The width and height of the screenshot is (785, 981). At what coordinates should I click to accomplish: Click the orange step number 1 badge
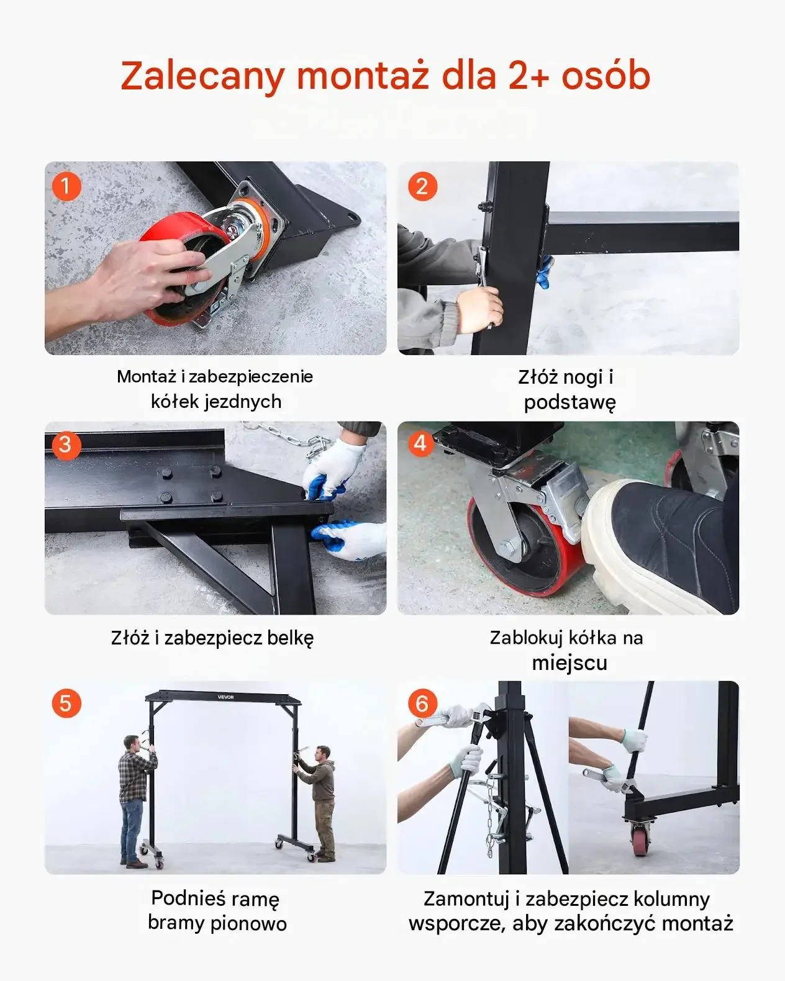coord(66,186)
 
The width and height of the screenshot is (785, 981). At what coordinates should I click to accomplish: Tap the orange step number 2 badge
coord(422,186)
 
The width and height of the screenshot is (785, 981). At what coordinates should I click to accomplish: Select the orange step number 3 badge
coord(66,445)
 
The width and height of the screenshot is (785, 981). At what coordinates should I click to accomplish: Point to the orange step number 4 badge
coord(421,443)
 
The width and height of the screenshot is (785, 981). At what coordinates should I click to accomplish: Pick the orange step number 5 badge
coord(66,703)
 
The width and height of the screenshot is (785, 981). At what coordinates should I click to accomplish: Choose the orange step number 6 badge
coord(422,703)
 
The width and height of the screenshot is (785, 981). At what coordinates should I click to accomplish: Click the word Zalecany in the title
coord(203,76)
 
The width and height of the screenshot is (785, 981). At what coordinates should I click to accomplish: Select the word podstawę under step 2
coord(569,402)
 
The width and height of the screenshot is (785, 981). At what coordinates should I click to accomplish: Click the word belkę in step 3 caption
coord(290,637)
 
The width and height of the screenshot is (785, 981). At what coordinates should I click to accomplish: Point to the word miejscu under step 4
coord(569,662)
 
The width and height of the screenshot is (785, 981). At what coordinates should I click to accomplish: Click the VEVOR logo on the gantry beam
coord(225,697)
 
